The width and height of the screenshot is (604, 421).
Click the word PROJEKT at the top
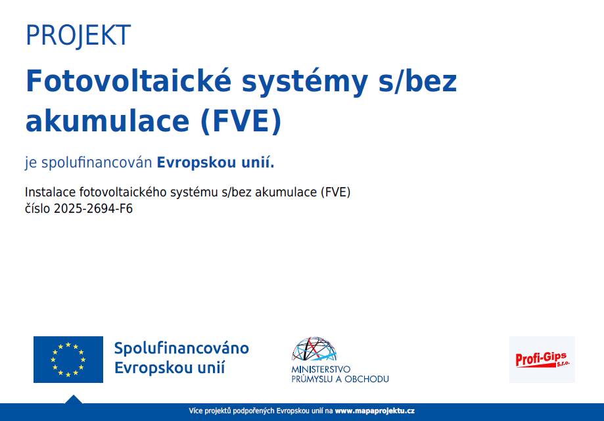coord(78,35)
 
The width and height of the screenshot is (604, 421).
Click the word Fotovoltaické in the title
coord(129,81)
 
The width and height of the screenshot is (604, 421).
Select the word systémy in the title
coord(305,83)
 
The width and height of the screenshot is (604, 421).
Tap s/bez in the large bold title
coord(417,81)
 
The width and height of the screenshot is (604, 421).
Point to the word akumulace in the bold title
coord(108,121)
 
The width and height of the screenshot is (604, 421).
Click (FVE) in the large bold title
coord(241,122)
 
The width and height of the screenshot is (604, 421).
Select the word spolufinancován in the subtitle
coord(97,163)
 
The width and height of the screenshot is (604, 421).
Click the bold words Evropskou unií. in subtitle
coord(216,163)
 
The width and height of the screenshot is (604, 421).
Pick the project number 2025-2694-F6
coord(93,209)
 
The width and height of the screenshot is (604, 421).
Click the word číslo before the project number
coord(37,209)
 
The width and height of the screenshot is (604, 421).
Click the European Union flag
coord(68,359)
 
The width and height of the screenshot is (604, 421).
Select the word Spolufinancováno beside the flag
coord(181,348)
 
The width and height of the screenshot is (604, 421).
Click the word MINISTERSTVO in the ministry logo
coord(321,369)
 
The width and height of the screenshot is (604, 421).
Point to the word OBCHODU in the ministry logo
coord(367,379)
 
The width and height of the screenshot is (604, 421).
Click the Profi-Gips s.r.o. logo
coord(542,359)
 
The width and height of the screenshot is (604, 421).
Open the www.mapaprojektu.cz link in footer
coord(375,411)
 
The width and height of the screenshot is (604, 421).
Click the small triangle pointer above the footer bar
coord(74,399)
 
